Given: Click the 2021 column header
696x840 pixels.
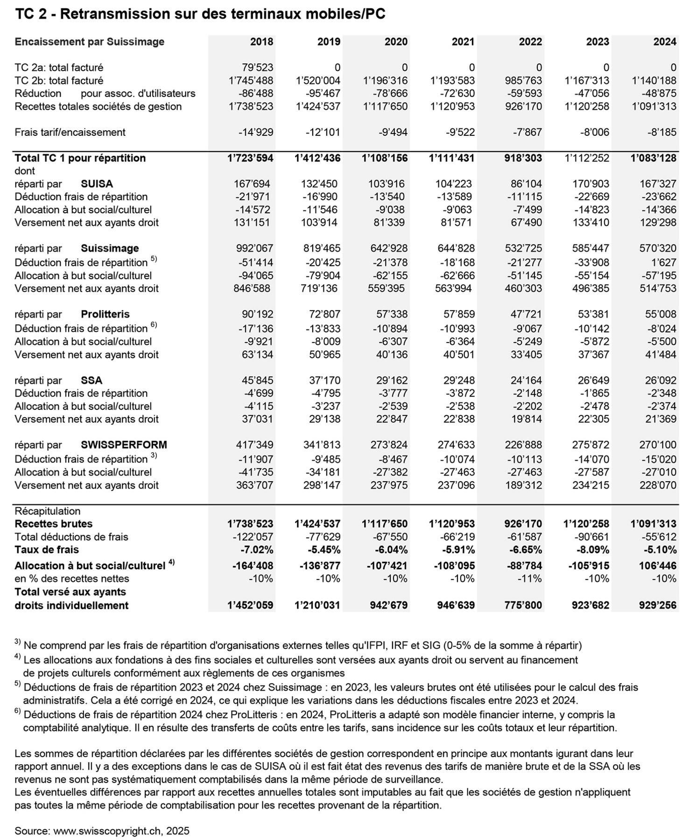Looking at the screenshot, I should (x=463, y=42).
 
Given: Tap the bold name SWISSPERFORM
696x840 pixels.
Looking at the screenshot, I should (x=124, y=445).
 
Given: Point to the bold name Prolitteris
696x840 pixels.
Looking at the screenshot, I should (x=105, y=314).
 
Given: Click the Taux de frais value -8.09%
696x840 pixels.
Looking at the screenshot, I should (x=591, y=549).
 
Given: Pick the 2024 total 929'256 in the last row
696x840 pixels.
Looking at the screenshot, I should (x=658, y=605).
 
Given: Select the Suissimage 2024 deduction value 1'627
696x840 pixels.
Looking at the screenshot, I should (x=664, y=262).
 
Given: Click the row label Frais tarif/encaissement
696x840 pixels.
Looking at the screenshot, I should (x=70, y=132).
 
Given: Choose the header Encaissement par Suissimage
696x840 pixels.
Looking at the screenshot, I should (x=89, y=42).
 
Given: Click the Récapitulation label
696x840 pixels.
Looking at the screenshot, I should (x=47, y=511).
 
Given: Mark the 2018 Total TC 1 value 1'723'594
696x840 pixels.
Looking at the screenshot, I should (x=250, y=158).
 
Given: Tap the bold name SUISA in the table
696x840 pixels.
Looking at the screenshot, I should (x=97, y=184).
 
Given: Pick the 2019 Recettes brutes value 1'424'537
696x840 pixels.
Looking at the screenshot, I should (x=317, y=524).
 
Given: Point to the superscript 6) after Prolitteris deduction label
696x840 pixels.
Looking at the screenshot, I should (x=154, y=325).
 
